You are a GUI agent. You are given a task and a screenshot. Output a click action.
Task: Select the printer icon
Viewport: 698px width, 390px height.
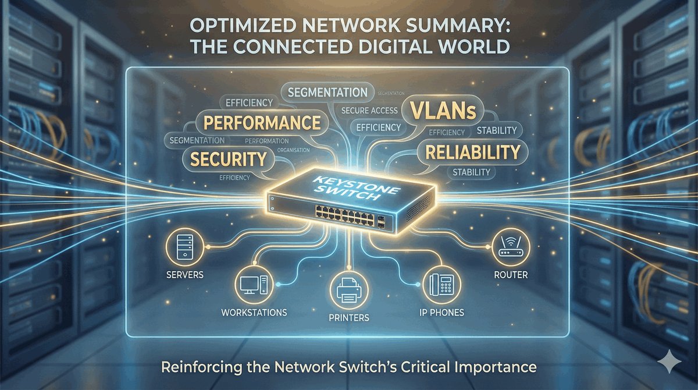pyautogui.click(x=347, y=289)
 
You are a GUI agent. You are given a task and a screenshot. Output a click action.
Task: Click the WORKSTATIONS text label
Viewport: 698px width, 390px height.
pyautogui.click(x=254, y=313)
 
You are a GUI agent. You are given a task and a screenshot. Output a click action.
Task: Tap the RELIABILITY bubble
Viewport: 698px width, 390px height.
pyautogui.click(x=472, y=152)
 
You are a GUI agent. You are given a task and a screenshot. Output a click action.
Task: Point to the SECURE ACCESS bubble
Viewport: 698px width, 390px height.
pyautogui.click(x=369, y=111)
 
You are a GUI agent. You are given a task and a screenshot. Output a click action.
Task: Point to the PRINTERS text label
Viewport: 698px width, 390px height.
pyautogui.click(x=348, y=318)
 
